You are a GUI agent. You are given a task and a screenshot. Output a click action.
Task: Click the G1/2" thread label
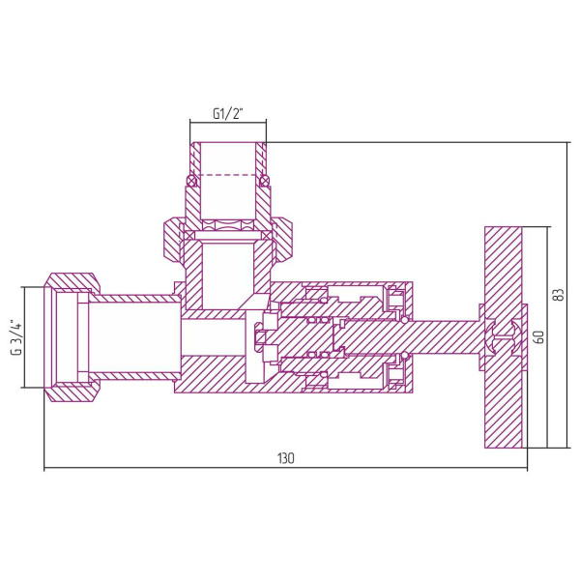[227, 114]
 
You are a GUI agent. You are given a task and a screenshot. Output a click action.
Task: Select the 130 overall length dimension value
[285, 457]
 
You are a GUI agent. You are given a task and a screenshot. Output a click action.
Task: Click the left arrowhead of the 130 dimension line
[47, 470]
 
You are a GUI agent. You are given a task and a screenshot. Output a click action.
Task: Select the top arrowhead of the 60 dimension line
[547, 230]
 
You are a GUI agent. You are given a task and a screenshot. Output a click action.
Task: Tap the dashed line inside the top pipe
[227, 174]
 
